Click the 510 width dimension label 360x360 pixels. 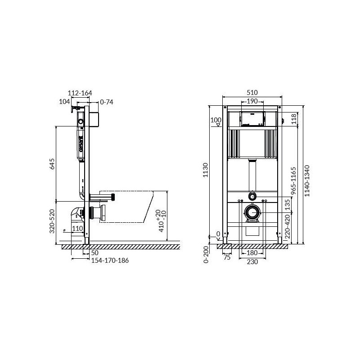pos(252,93)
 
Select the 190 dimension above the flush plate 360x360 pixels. pos(252,101)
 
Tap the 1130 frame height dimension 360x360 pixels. pos(206,170)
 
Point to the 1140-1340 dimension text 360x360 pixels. pos(307,181)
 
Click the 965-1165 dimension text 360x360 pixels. pos(293,181)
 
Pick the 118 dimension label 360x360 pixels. pos(294,119)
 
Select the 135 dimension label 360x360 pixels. pos(288,205)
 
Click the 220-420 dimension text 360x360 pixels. pos(288,226)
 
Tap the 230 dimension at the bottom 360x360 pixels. pos(252,262)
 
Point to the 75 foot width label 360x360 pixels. pos(227,257)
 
